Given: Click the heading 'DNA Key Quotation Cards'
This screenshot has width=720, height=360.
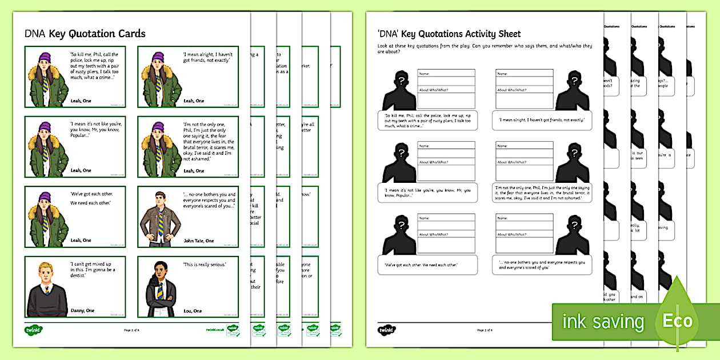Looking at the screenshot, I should tap(85, 34).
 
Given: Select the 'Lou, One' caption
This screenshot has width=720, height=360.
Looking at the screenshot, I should tap(193, 310).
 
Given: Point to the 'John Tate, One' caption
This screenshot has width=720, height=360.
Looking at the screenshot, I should tap(199, 241).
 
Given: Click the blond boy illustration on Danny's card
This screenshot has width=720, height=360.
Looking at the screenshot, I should tap(47, 289).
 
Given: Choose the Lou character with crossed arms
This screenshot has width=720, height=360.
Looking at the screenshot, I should tap(159, 289).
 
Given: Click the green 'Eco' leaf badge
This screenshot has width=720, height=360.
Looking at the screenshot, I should tap(677, 319).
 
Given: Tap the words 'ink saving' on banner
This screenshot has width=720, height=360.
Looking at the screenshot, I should tap(603, 322).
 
